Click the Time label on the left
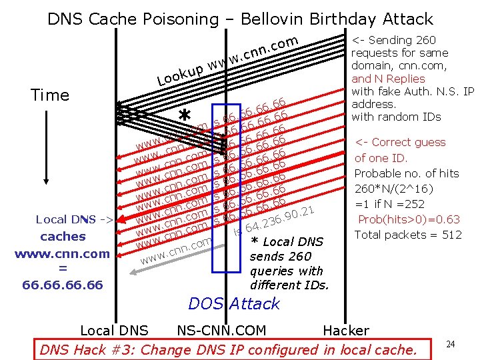coord(50,95)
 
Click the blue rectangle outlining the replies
coord(226,188)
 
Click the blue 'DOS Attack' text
coord(234,304)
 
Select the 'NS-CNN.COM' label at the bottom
coord(221,330)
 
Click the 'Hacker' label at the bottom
coord(345,330)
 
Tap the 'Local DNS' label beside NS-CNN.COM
coord(114,330)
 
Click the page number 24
coord(451,344)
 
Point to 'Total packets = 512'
coord(408,235)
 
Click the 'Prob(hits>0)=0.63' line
coord(408,219)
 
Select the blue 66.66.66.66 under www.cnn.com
coord(63,285)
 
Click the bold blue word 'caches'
coord(63,237)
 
